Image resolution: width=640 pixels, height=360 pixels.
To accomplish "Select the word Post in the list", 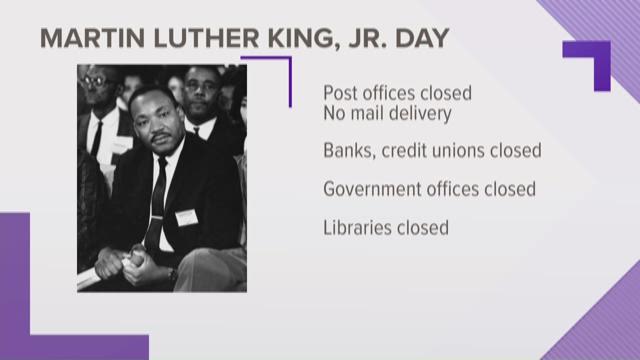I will point(341,93).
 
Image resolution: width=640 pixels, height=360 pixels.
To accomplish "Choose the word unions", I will point(458,151).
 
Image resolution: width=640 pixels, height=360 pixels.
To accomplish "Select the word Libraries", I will point(357,227).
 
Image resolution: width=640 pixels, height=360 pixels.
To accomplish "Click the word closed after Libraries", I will point(422,227).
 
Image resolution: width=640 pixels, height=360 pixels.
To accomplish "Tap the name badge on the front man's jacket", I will point(186,217).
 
